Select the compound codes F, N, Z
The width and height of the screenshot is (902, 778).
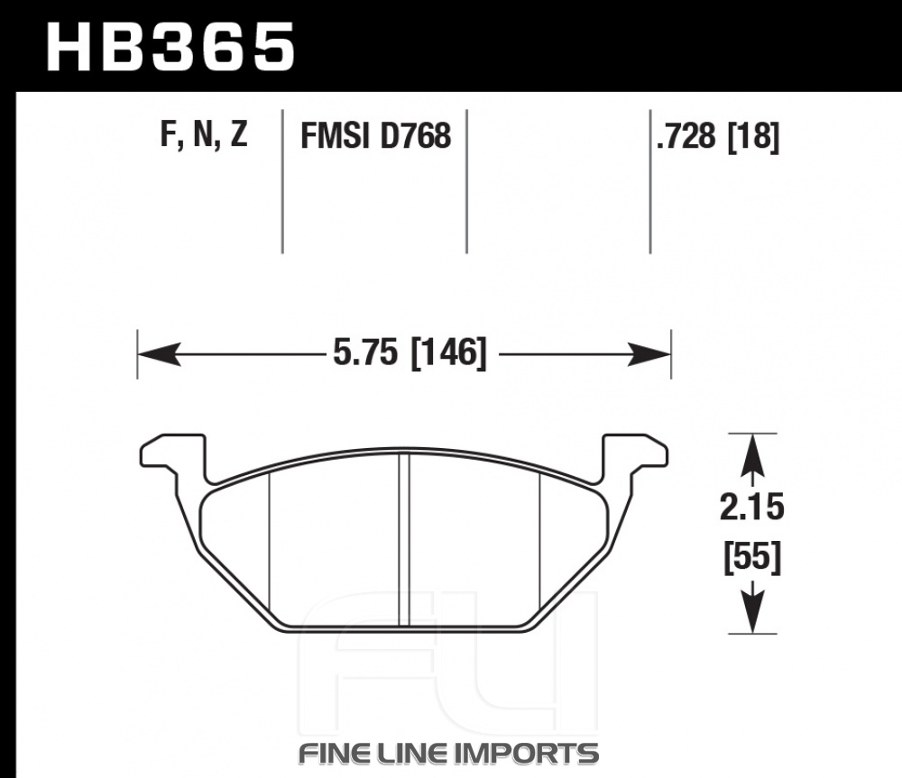click(x=204, y=134)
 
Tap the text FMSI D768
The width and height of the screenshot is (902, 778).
click(x=375, y=136)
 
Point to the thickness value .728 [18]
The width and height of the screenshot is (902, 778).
click(x=718, y=137)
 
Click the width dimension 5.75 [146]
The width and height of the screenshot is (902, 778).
click(x=410, y=352)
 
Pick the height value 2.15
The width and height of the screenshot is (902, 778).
click(x=752, y=508)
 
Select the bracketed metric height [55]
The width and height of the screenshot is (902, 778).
click(x=752, y=556)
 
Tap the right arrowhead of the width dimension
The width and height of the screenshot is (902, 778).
click(x=649, y=353)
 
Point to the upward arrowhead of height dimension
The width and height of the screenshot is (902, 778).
click(x=752, y=454)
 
